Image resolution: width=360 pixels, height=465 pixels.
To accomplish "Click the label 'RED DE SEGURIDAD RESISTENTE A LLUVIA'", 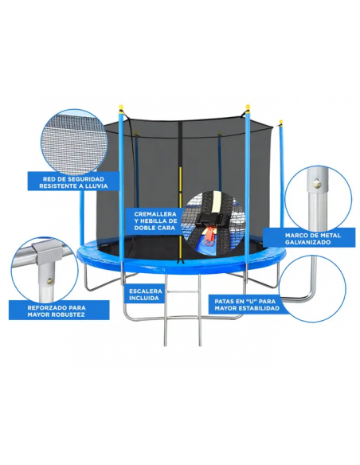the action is (x=73, y=182).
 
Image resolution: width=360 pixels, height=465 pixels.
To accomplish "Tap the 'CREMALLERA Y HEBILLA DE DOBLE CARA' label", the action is (x=155, y=221).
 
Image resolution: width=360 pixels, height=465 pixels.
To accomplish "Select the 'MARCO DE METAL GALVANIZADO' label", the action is (x=309, y=238).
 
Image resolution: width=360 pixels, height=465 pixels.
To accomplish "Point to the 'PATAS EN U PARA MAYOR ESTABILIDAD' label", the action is (x=247, y=305).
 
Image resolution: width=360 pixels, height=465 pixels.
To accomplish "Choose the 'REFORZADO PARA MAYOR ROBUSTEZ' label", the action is (x=59, y=311).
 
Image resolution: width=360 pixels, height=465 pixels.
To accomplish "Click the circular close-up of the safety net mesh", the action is (x=73, y=142).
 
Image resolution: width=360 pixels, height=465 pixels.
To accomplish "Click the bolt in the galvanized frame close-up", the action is (x=317, y=184).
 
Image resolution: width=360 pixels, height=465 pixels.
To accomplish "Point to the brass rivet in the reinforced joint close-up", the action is (x=49, y=280).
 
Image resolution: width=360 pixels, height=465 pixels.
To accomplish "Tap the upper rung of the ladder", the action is (x=182, y=291).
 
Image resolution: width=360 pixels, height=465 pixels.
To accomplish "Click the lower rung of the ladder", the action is (x=182, y=318).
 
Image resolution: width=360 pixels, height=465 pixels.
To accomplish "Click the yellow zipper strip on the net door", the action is (x=180, y=213).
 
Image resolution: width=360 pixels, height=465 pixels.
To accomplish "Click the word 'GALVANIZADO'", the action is (x=307, y=242).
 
